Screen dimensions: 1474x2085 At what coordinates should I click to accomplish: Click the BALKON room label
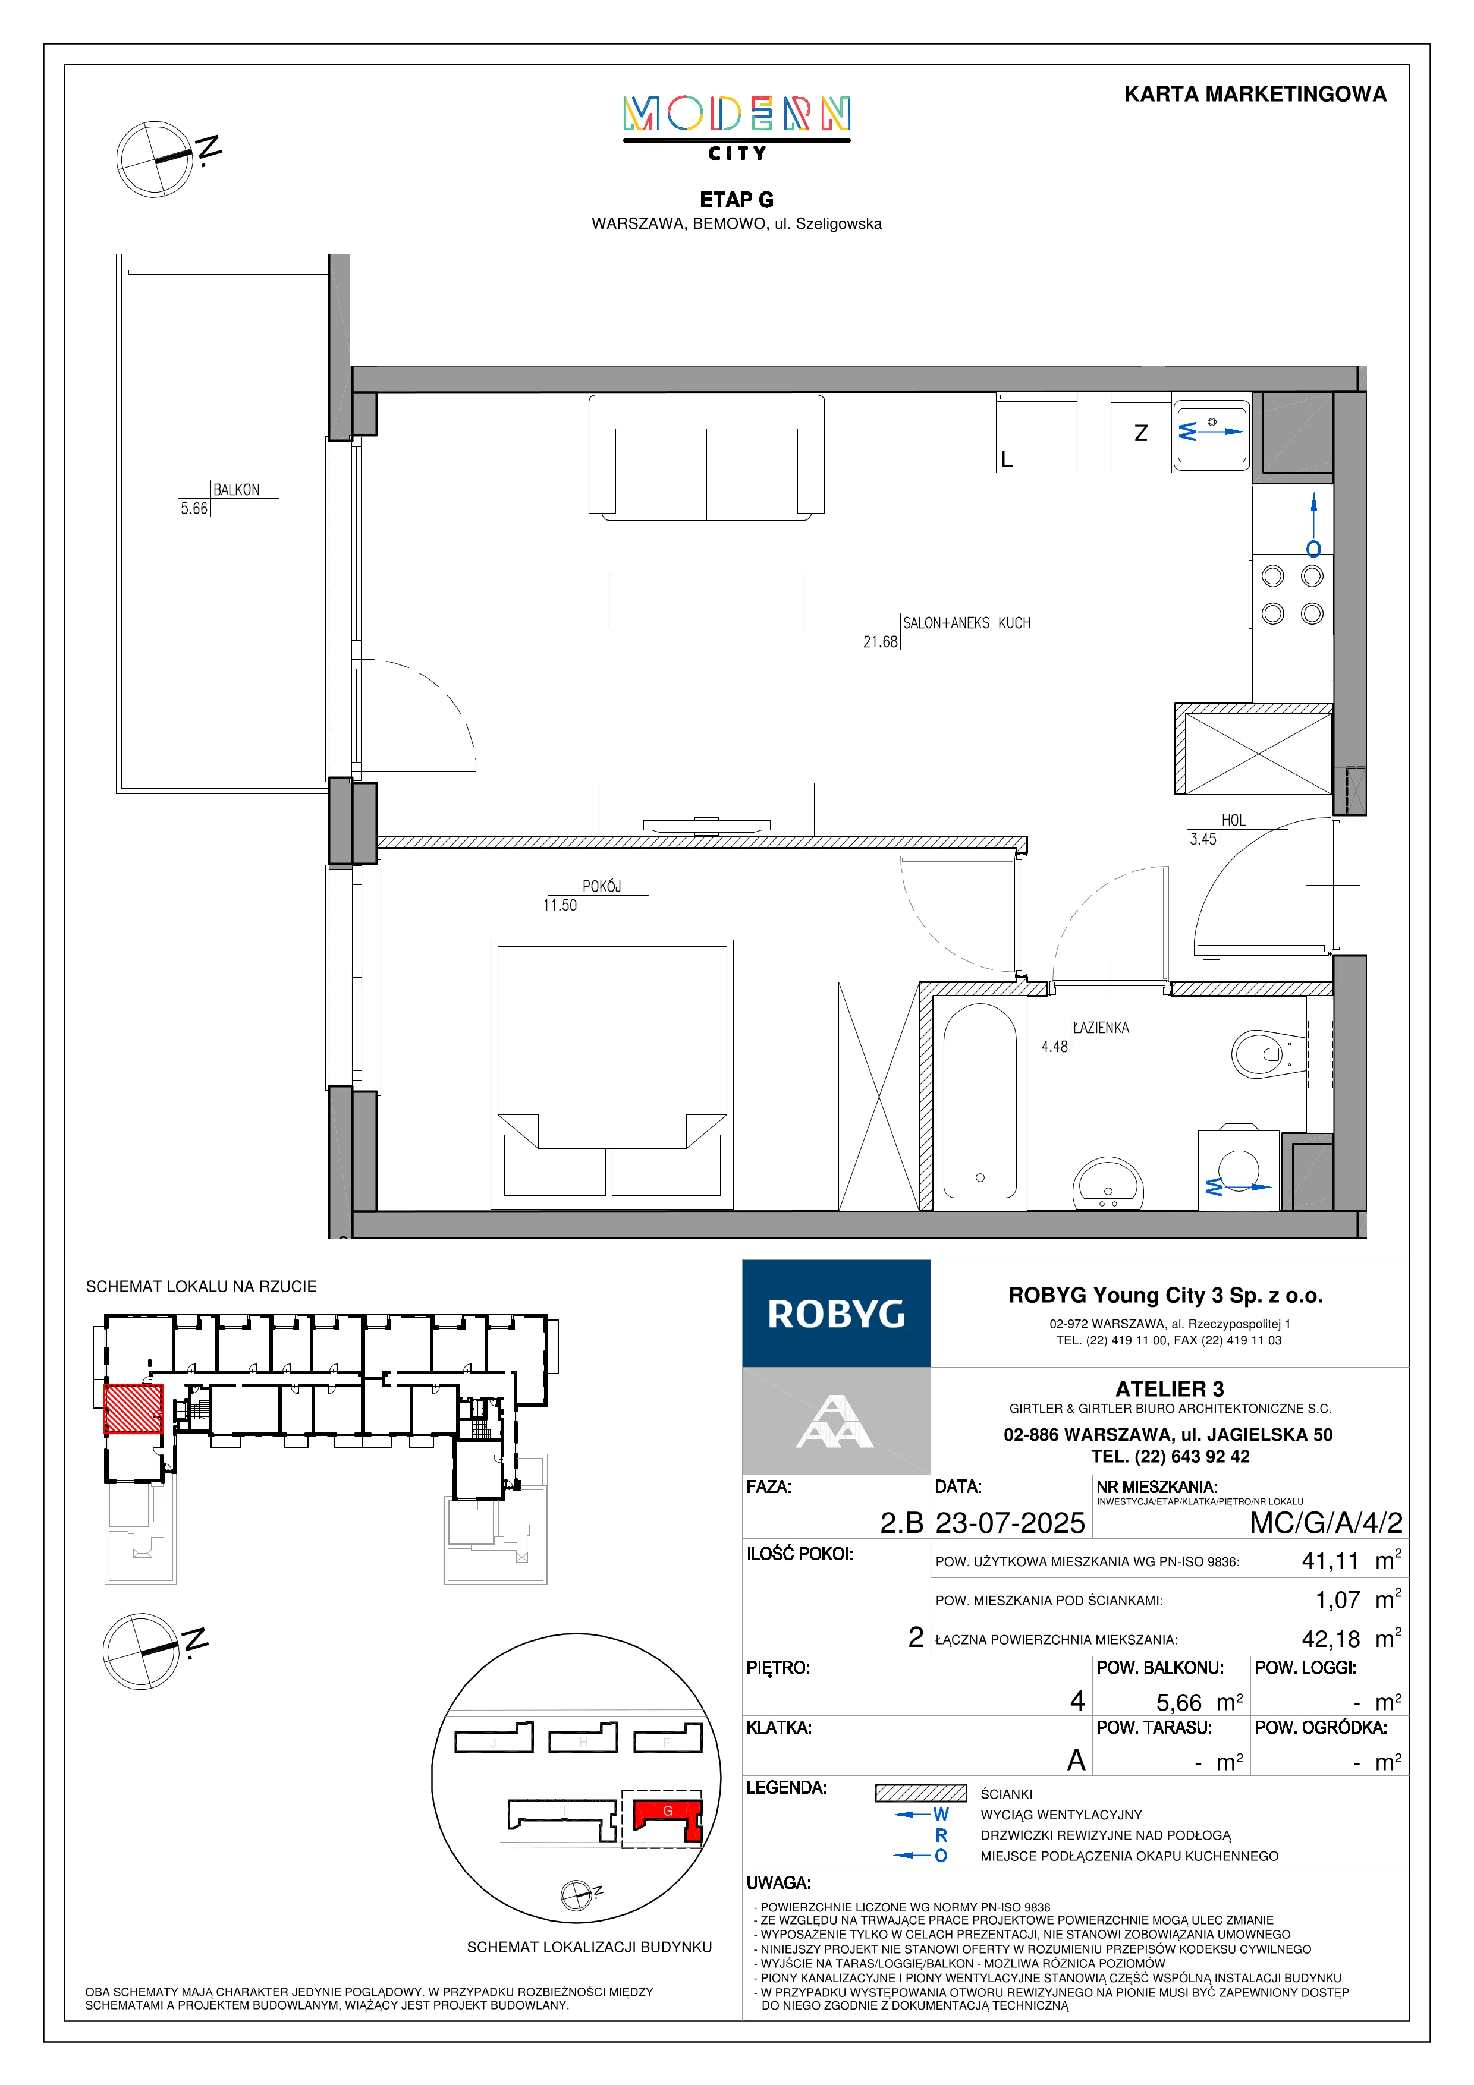[236, 490]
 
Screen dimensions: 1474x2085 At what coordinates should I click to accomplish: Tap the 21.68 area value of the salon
[880, 642]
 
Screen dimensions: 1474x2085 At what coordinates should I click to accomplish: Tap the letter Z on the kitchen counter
[1140, 433]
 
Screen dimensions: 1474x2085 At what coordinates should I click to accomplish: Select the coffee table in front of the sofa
[706, 600]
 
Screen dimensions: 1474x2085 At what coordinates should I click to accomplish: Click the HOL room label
[1233, 820]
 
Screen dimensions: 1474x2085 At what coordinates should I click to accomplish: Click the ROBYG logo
[837, 1313]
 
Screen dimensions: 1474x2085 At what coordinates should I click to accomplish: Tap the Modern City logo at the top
[737, 128]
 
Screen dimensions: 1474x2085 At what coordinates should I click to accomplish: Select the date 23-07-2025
[1010, 1523]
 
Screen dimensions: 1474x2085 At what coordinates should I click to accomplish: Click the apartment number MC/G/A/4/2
[1326, 1523]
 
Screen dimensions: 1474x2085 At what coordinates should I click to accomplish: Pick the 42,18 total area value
[1331, 1639]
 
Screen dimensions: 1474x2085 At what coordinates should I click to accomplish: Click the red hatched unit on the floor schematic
[134, 1409]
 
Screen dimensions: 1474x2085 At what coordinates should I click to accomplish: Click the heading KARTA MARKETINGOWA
[1255, 95]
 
